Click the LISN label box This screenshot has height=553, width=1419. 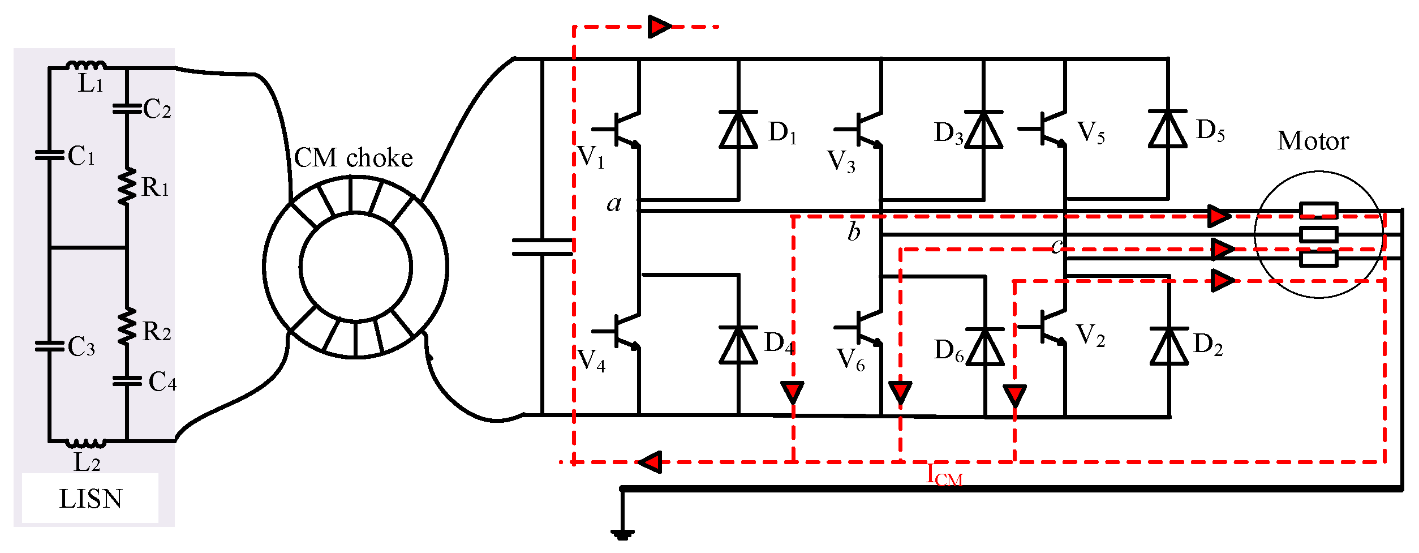tap(90, 498)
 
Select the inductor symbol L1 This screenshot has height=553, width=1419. tap(86, 65)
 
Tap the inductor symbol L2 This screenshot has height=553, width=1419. tap(86, 443)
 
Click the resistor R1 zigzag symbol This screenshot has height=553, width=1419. tap(127, 186)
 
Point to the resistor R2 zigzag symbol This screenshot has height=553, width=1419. tap(127, 327)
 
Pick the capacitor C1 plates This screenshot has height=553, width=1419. tap(49, 155)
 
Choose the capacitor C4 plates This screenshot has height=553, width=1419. tap(127, 381)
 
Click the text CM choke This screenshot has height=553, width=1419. tap(353, 158)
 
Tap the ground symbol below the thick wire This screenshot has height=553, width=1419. tap(622, 534)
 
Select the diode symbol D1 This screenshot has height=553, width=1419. tap(738, 130)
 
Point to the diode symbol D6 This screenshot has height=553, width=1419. tap(985, 346)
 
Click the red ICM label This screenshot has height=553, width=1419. tap(944, 475)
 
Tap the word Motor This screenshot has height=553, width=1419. tap(1313, 141)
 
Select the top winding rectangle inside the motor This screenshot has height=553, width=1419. tap(1318, 211)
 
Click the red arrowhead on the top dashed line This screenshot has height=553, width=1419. tap(659, 27)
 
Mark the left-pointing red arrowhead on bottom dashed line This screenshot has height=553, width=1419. tap(651, 462)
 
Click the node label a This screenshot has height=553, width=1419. tap(614, 203)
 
